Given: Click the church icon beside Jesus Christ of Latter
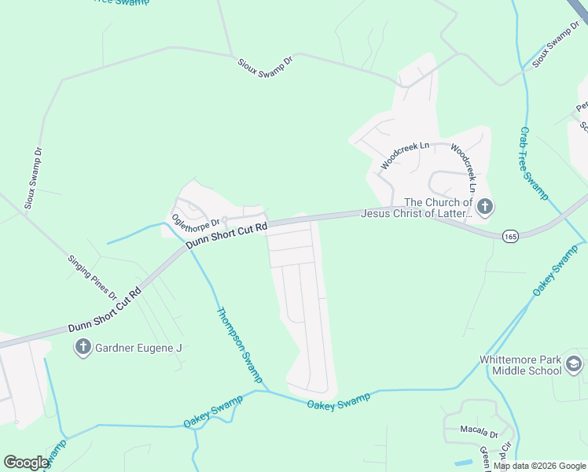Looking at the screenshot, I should click(485, 207).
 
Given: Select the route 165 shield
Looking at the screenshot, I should click(509, 235).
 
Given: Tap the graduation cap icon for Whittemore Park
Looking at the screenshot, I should click(574, 363).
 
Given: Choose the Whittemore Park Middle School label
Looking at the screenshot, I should click(520, 366).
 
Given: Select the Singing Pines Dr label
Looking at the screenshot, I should click(91, 277).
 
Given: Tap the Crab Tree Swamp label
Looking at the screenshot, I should click(534, 163).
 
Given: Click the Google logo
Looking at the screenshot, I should click(26, 463).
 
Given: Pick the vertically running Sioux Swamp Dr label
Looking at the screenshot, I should click(32, 177).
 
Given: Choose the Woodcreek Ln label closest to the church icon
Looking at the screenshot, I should click(463, 168).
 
